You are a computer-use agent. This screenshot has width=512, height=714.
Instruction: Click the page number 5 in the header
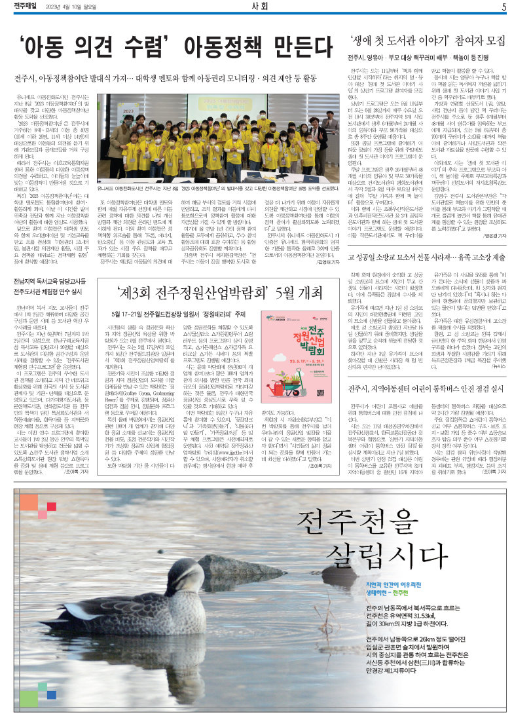click(x=504, y=8)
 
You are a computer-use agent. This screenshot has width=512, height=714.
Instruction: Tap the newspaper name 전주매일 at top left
click(x=25, y=8)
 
